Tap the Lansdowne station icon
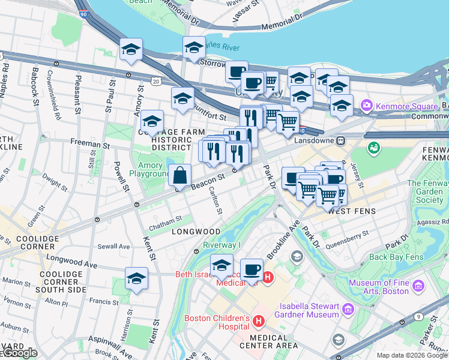pos(340,140)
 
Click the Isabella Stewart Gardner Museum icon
pos(348,310)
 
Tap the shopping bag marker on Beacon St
pos(179,176)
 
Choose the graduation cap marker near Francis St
pos(136,279)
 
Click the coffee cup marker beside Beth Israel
pos(252,269)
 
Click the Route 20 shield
pos(157,81)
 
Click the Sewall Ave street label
pos(114,247)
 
